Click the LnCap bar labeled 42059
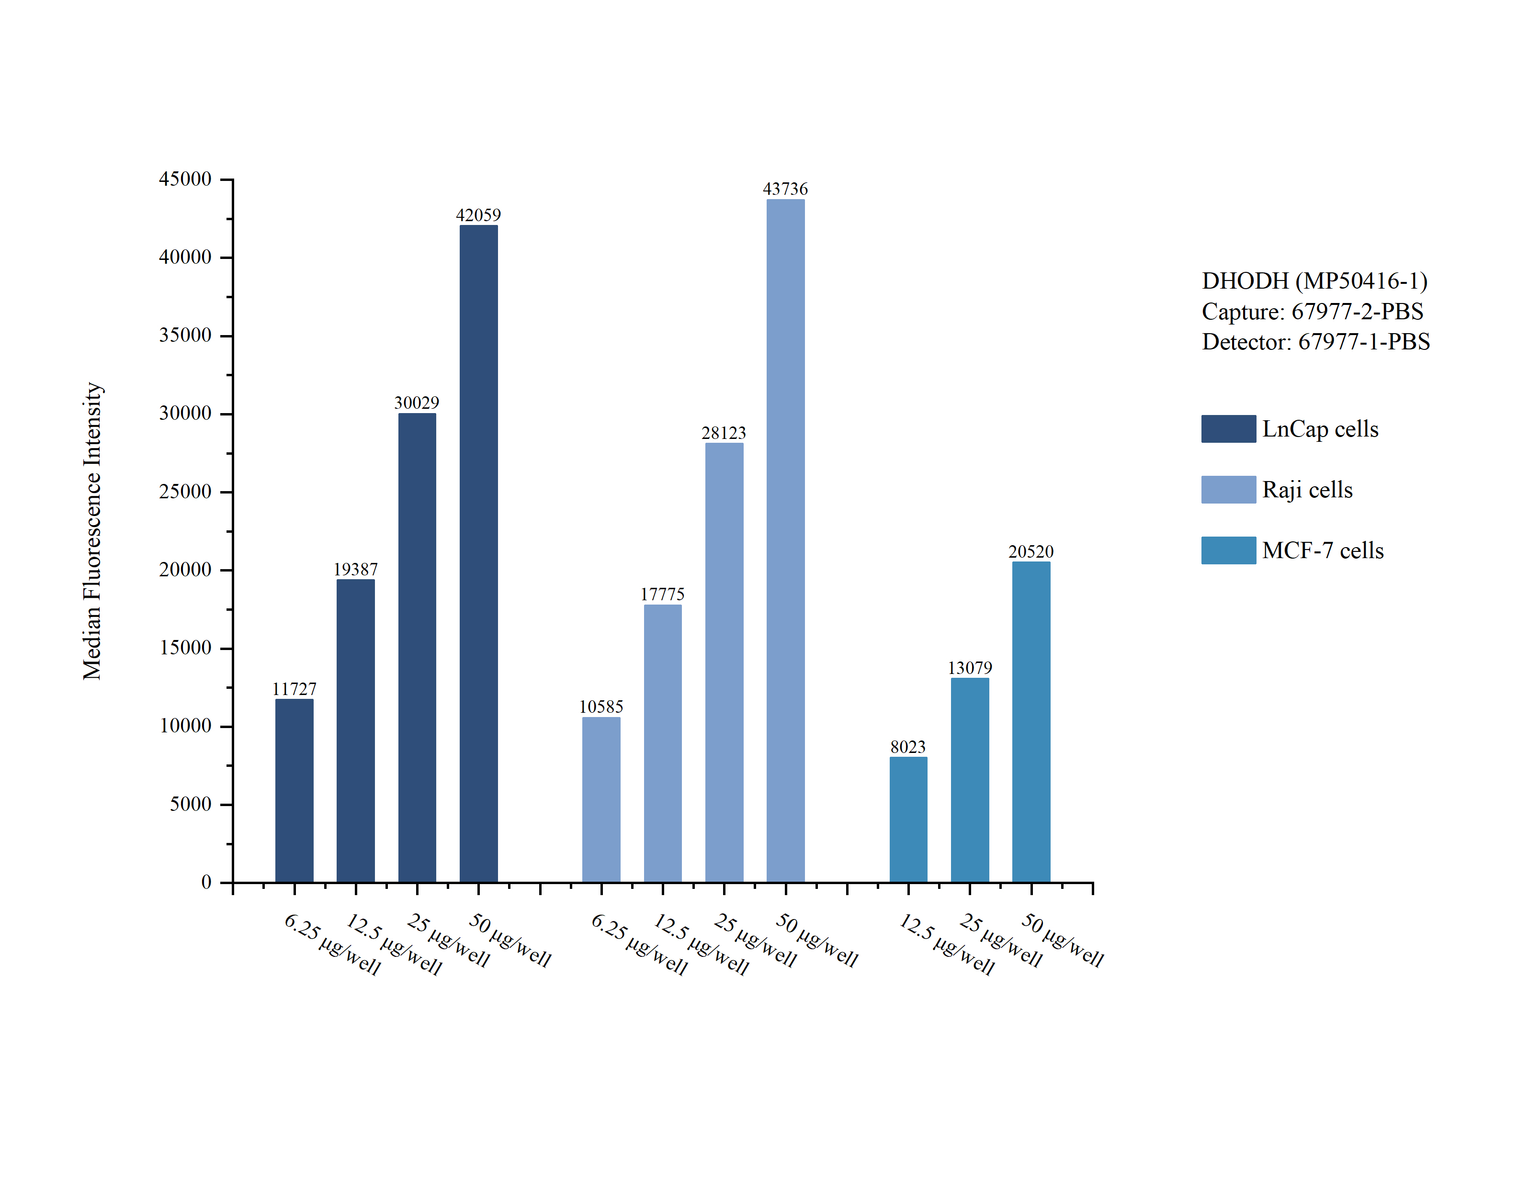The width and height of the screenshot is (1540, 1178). (x=478, y=553)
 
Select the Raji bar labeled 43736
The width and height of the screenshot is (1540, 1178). (x=785, y=540)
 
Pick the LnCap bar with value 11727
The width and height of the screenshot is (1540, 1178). (x=294, y=790)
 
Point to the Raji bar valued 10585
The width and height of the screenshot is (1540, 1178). (x=601, y=799)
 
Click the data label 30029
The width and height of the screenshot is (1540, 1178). (x=417, y=403)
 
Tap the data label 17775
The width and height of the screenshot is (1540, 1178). (x=662, y=595)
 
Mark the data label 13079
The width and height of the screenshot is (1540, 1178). (x=970, y=668)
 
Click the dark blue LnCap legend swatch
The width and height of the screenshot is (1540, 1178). (x=1228, y=428)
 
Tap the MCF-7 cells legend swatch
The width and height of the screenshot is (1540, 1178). (x=1228, y=550)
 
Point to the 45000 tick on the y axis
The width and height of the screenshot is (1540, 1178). (x=185, y=180)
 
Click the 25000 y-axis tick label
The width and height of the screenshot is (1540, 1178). (x=185, y=492)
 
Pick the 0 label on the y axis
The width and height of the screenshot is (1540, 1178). (x=206, y=882)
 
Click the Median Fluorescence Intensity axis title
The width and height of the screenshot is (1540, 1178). (x=92, y=531)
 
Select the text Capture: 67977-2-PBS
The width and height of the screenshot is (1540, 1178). (x=1312, y=311)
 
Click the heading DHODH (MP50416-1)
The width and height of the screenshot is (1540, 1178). (x=1314, y=281)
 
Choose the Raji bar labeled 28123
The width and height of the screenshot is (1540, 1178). (x=724, y=662)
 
